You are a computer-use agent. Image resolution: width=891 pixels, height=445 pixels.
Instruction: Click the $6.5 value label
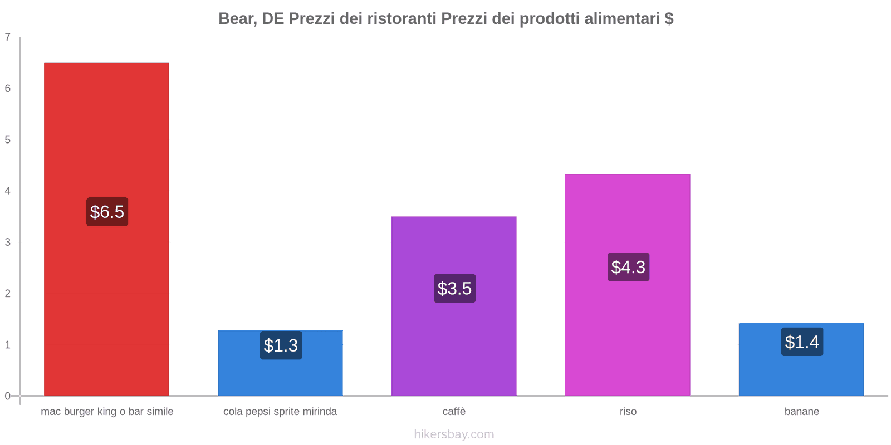(x=107, y=212)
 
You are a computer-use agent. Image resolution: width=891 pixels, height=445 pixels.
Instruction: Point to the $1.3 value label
(x=281, y=345)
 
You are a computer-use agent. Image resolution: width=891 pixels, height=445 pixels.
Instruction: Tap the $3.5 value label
(x=454, y=289)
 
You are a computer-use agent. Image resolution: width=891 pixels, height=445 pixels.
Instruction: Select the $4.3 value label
(x=628, y=267)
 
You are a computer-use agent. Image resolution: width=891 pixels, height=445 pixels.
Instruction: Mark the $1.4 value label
(x=802, y=342)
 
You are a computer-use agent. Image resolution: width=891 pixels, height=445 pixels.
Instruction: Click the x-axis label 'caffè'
(x=454, y=412)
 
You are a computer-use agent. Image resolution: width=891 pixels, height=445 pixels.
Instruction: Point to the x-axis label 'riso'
(x=628, y=412)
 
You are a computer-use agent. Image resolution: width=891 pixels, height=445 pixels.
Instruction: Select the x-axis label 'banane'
(x=801, y=412)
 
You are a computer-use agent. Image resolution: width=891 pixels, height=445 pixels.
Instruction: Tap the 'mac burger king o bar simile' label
(x=107, y=412)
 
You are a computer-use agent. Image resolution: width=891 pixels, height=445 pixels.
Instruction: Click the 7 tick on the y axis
(x=8, y=37)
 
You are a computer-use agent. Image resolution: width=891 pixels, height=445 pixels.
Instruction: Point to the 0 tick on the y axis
(x=8, y=396)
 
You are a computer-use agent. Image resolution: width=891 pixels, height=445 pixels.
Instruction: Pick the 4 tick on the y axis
(x=8, y=191)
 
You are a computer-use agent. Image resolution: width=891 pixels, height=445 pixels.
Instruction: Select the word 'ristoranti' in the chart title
(x=402, y=19)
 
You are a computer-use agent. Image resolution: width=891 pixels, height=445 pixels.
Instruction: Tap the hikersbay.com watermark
(x=454, y=434)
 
